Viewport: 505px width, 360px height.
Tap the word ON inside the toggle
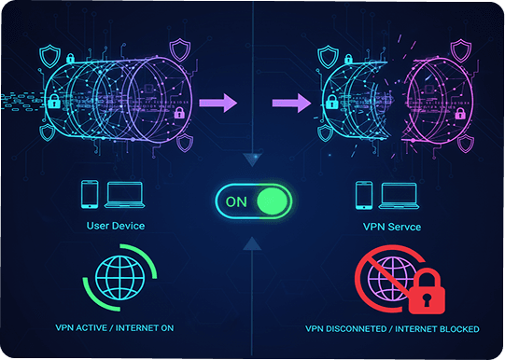[x=236, y=200]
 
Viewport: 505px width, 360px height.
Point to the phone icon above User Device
[x=89, y=194]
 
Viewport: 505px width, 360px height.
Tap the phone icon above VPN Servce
[x=364, y=194]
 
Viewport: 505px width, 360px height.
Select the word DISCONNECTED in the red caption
[x=360, y=329]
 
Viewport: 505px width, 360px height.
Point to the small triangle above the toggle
[x=251, y=160]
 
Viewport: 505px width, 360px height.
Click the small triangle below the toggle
[x=251, y=243]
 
